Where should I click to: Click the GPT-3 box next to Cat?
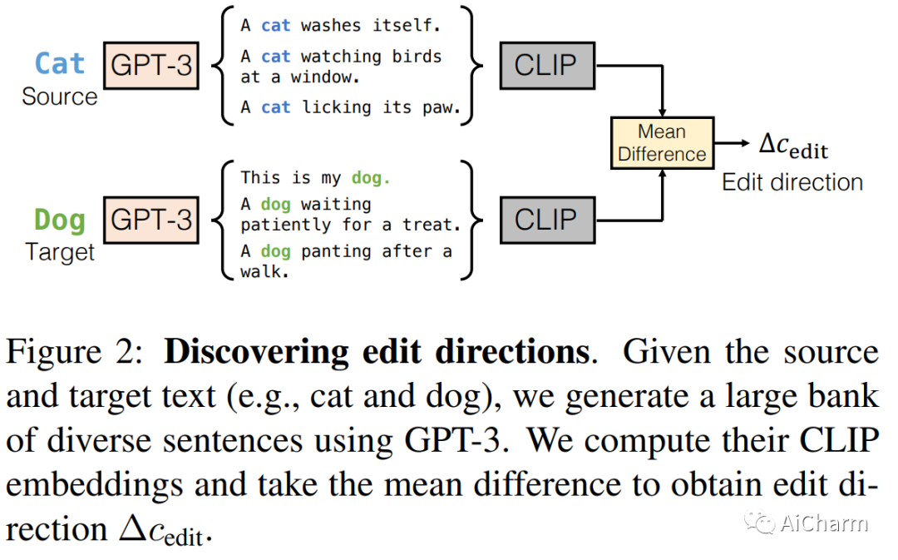[151, 65]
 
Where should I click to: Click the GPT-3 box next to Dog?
[151, 220]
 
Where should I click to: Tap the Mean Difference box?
[662, 143]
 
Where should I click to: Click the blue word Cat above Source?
[59, 64]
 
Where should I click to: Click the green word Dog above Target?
[59, 220]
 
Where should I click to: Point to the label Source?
[59, 97]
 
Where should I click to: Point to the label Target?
[59, 251]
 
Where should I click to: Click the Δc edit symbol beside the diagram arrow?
[793, 146]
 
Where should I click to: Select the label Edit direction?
[792, 182]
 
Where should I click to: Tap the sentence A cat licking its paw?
[350, 107]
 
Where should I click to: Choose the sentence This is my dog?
[315, 177]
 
